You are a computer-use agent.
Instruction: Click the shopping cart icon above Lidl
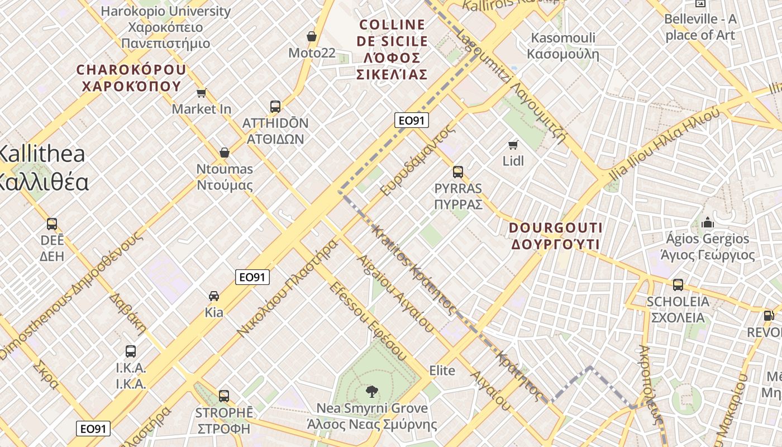pos(513,145)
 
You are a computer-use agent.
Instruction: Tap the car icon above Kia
pos(214,296)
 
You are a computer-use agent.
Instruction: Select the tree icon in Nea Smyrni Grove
pos(371,392)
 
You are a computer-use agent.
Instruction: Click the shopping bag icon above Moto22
pos(312,37)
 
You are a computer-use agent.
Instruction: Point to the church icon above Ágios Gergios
pos(708,222)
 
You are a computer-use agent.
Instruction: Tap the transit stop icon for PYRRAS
pos(458,172)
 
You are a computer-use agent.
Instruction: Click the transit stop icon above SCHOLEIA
pos(678,285)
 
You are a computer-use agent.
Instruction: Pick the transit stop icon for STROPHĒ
pos(224,396)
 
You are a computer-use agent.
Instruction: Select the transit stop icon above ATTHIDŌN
pos(275,107)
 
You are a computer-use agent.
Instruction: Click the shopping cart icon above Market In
pos(201,93)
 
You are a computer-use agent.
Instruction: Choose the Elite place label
pos(442,370)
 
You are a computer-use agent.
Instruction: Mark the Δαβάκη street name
pos(127,313)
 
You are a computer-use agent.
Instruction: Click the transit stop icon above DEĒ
pos(52,224)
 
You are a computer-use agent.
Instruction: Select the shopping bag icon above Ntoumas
pos(225,153)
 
